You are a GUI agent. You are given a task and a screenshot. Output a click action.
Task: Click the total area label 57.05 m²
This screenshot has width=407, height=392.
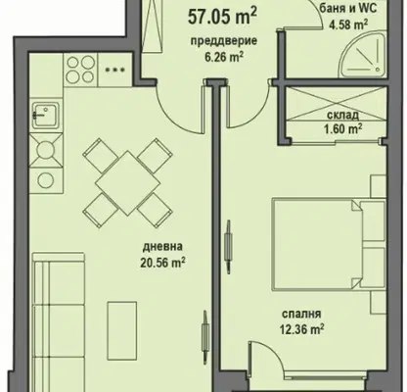[222, 17]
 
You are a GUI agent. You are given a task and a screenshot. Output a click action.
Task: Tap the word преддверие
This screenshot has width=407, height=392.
[224, 41]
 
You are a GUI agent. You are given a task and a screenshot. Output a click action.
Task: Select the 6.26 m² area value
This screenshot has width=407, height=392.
[224, 57]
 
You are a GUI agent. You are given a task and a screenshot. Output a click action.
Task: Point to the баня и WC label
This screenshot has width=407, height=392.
[348, 8]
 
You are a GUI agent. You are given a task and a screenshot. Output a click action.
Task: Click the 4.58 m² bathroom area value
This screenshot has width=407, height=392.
[348, 24]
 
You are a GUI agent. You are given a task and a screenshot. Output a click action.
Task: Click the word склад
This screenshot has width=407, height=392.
[342, 115]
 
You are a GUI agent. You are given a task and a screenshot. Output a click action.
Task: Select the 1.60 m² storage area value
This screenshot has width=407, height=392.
[342, 128]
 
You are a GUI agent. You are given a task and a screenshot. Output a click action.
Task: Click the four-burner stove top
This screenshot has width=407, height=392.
[80, 70]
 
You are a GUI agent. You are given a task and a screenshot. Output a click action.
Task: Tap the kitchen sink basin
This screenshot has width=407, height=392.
[46, 114]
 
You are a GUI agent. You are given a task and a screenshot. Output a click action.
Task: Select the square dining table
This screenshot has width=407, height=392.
[128, 183]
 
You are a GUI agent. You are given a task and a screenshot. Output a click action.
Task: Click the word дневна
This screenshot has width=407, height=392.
[162, 247]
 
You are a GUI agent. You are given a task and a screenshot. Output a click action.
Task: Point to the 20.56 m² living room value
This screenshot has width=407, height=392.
[162, 263]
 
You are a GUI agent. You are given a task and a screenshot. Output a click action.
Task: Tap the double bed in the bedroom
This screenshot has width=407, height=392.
[329, 243]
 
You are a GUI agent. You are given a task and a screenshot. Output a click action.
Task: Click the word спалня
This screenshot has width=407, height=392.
[301, 314]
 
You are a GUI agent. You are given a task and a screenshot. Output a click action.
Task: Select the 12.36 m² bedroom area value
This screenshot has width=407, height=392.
[301, 329]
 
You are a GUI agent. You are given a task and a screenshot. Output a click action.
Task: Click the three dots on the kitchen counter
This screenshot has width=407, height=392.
[114, 70]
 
